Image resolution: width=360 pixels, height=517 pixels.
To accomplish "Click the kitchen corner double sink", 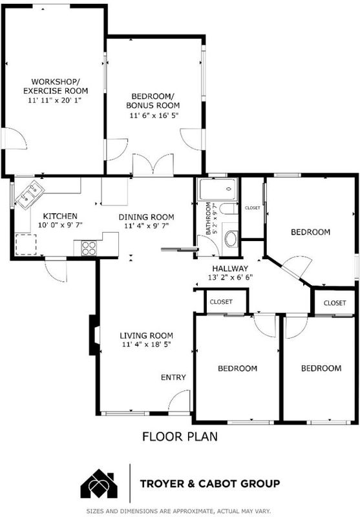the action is point(29,195).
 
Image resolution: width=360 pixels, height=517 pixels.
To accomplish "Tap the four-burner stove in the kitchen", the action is point(89,248).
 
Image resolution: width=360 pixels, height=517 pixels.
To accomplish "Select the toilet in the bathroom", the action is point(229,209).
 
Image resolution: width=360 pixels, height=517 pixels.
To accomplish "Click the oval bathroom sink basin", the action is point(231,239).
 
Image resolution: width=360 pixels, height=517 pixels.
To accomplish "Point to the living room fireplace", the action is point(94,335).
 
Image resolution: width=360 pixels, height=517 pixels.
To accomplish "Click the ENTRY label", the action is point(173,377).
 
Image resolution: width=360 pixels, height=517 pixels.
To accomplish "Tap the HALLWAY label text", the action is point(230,268).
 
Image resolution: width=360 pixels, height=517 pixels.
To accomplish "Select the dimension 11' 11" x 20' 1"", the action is point(54,100).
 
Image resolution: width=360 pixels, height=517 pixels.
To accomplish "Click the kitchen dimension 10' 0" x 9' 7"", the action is point(60,225).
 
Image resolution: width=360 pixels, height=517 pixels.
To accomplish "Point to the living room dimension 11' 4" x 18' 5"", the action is point(146,344).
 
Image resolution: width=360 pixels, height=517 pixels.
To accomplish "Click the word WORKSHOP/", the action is point(56,81).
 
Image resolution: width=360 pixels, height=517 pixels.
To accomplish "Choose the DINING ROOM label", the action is point(146,217).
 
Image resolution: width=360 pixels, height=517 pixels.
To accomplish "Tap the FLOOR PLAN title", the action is point(180,437).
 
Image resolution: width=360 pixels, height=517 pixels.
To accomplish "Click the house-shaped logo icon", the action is point(100,483).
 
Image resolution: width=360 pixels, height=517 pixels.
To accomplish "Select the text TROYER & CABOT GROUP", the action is point(210,483).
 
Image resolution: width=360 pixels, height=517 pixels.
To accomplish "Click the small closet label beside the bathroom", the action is point(253,207).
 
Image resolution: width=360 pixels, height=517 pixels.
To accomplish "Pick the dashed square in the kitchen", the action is point(26,244).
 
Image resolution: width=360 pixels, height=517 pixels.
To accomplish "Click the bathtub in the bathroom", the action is point(217,189).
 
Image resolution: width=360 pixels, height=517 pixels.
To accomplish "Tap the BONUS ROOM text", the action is point(153,105).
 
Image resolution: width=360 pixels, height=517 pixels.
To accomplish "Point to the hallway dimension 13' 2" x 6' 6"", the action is point(231,277).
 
